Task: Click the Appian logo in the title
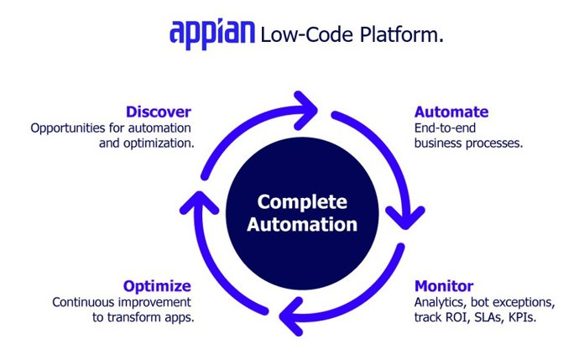212,34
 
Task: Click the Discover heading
159,112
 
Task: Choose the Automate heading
451,112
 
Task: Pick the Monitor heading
444,285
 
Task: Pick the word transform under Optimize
138,318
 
